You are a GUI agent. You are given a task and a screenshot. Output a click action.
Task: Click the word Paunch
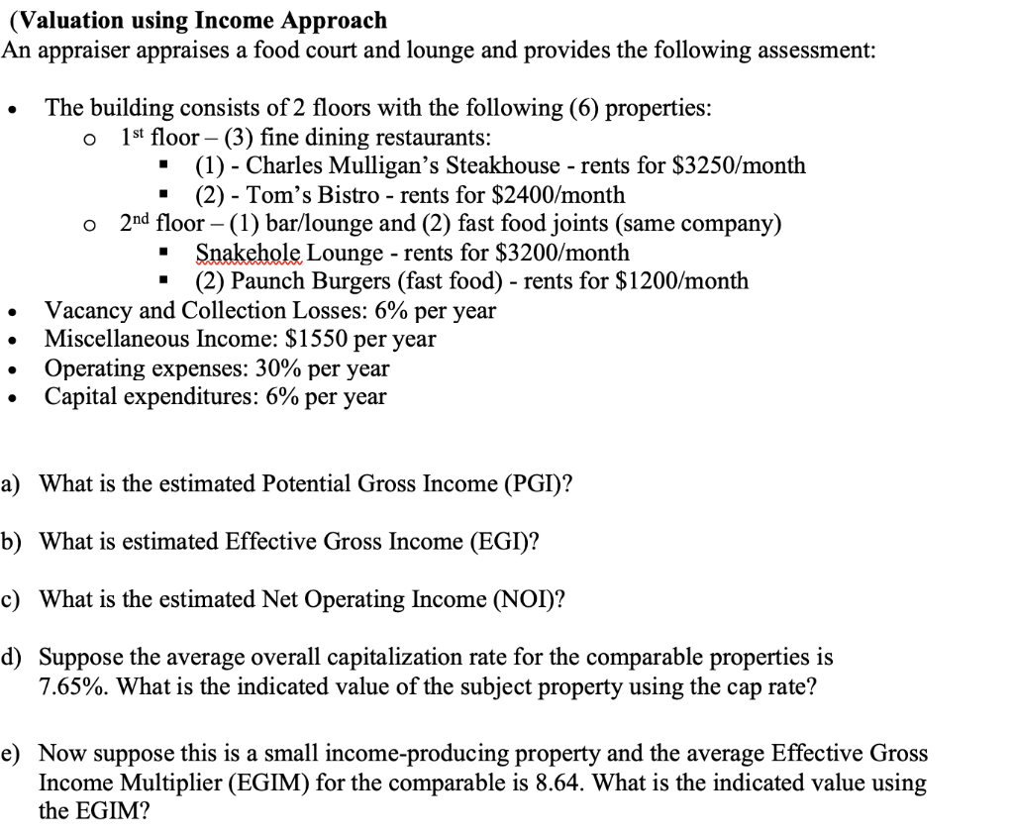coord(267,281)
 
